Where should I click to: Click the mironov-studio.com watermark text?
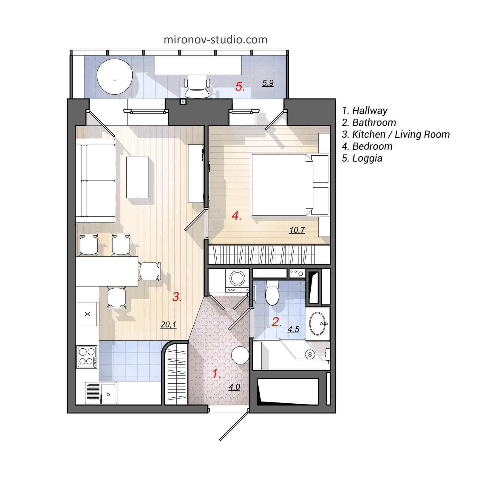point(215,40)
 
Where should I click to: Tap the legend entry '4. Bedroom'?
point(367,146)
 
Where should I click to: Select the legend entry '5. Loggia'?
point(362,158)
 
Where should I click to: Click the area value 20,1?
point(168,324)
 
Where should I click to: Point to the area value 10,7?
point(297,230)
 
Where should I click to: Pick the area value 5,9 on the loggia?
point(268,83)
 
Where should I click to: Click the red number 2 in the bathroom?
point(276,322)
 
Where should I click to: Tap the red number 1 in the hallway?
point(216,373)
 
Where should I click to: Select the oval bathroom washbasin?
point(318,324)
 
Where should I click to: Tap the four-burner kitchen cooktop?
point(87,357)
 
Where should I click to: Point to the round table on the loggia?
point(114,76)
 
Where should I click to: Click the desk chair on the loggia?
point(197,87)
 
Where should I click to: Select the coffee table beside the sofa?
point(137,177)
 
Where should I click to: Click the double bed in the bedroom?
point(281,185)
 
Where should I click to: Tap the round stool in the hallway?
point(240,355)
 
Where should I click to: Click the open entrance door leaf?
point(234,426)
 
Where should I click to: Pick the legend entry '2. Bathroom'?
point(369,122)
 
